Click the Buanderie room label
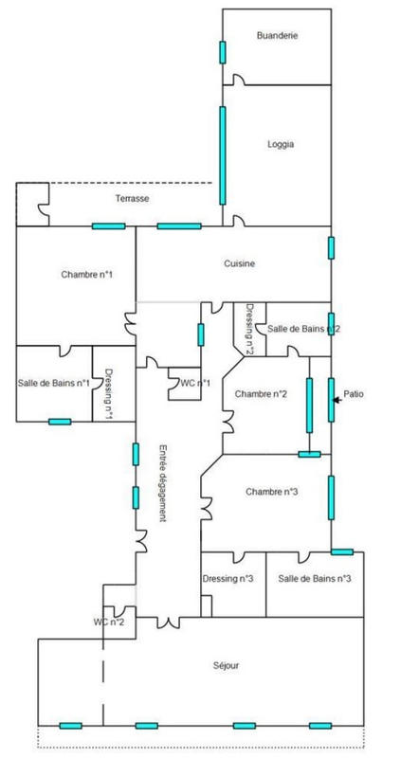pyautogui.click(x=277, y=35)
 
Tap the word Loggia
pyautogui.click(x=281, y=144)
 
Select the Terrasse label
pyautogui.click(x=132, y=198)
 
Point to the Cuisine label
pyautogui.click(x=239, y=263)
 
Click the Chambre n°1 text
pyautogui.click(x=87, y=274)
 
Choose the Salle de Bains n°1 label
pyautogui.click(x=54, y=383)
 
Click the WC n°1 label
pyautogui.click(x=195, y=384)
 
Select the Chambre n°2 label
pyautogui.click(x=261, y=394)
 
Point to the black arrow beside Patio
pyautogui.click(x=337, y=400)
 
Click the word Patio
pyautogui.click(x=354, y=394)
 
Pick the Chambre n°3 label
pyautogui.click(x=271, y=492)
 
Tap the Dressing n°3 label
pyautogui.click(x=228, y=579)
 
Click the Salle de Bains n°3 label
pyautogui.click(x=315, y=579)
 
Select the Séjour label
pyautogui.click(x=226, y=666)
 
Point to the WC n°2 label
pyautogui.click(x=108, y=623)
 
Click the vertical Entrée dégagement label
pyautogui.click(x=163, y=482)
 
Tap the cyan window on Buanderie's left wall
pyautogui.click(x=223, y=52)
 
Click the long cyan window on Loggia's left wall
pyautogui.click(x=223, y=155)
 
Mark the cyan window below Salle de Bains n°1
pyautogui.click(x=60, y=422)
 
